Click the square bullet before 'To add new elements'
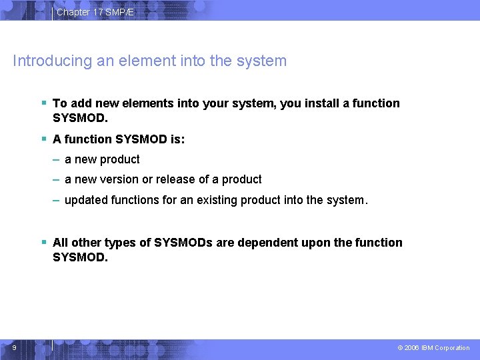pos(43,103)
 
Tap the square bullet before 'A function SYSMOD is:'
pos(43,139)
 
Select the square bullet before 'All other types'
pos(43,242)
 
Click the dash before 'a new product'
pos(58,159)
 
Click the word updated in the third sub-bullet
pos(84,199)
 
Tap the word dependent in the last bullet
pos(268,243)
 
